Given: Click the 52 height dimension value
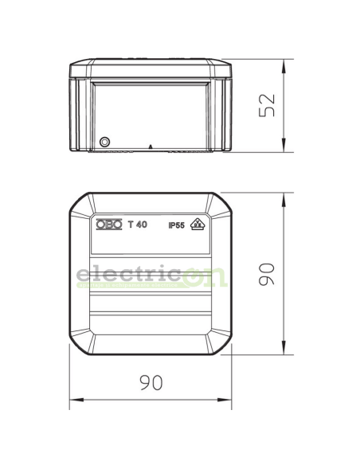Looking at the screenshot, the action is [x=267, y=105].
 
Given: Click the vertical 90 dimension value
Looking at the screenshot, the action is [x=267, y=274].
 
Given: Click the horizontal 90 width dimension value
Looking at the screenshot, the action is [x=151, y=382].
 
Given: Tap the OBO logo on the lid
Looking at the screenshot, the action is [x=109, y=225].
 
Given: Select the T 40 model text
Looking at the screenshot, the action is [x=138, y=225].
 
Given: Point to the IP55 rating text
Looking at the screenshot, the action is [x=177, y=225].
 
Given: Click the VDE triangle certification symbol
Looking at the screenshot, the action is [x=198, y=224].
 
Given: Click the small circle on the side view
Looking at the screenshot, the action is [x=104, y=142].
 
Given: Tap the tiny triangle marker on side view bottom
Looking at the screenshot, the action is [x=151, y=147].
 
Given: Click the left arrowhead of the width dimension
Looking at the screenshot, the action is [x=76, y=400].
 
